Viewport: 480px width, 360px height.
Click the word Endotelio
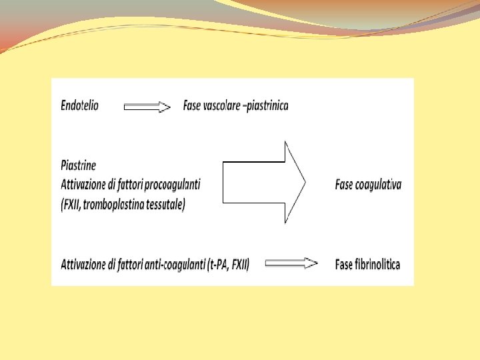coord(79,105)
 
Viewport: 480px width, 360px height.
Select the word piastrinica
coord(267,105)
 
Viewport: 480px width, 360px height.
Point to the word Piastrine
coord(79,165)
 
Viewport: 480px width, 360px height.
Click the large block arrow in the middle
coord(263,182)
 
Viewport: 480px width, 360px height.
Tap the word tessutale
coord(164,203)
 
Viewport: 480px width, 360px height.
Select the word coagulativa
coord(378,185)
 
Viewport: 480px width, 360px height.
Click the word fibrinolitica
coord(377,264)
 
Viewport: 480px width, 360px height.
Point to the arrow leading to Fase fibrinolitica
coord(291,264)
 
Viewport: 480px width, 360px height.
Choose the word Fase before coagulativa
coord(343,185)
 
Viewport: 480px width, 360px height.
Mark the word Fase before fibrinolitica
coord(343,264)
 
